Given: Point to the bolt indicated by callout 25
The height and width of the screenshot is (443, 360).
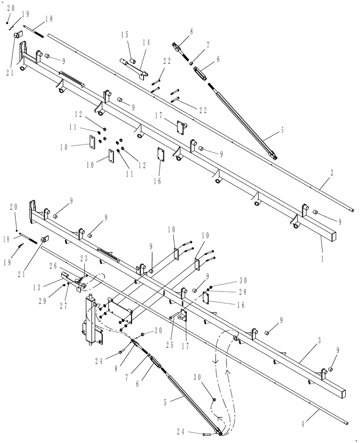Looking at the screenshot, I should (172, 317).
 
